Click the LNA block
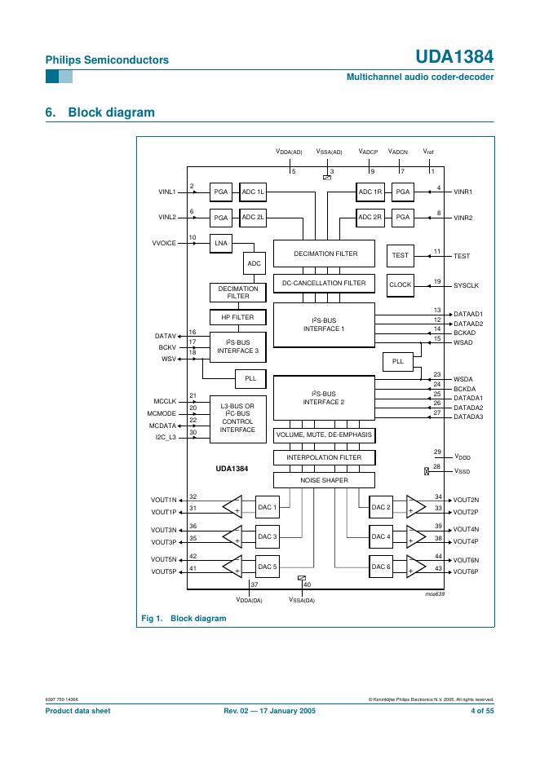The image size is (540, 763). (221, 243)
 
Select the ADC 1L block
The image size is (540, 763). (252, 192)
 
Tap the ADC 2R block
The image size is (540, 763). (370, 218)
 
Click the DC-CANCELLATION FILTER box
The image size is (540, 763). (324, 283)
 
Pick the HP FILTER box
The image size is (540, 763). (237, 317)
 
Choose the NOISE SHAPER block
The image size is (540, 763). (324, 480)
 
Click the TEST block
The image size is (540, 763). (400, 255)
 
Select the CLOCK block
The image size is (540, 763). (400, 284)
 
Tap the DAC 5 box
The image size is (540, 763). (268, 567)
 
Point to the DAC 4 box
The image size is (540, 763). (381, 536)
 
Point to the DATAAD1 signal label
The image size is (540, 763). (468, 314)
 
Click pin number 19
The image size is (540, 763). (437, 280)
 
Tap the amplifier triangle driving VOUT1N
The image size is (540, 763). (232, 506)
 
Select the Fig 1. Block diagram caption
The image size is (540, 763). (184, 618)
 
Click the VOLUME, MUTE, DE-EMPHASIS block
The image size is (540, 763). (324, 434)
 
